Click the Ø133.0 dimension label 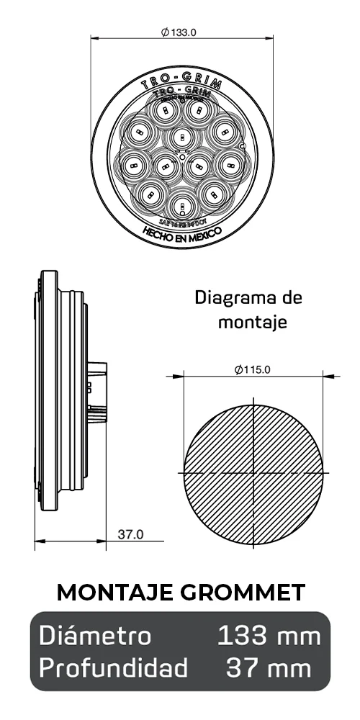pyautogui.click(x=179, y=32)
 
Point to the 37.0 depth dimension pyautogui.click(x=130, y=534)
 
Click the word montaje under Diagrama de pyautogui.click(x=253, y=323)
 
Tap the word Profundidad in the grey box pyautogui.click(x=114, y=667)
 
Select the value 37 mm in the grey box pyautogui.click(x=269, y=667)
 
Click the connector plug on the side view pyautogui.click(x=98, y=392)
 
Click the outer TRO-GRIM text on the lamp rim pyautogui.click(x=181, y=83)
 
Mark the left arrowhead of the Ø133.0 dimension pyautogui.click(x=94, y=39)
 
